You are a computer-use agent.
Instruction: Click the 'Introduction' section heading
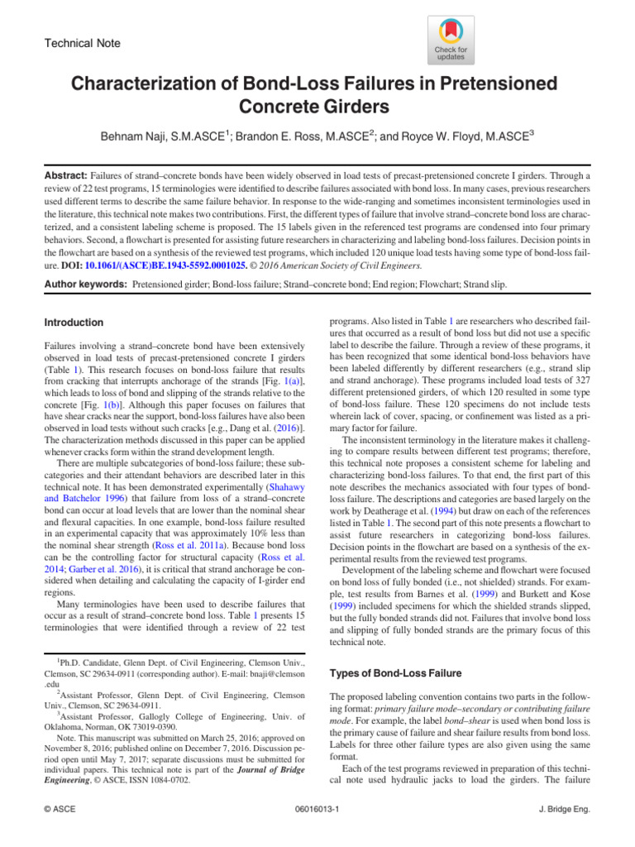click(74, 323)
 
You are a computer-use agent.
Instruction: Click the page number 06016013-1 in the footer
click(318, 810)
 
